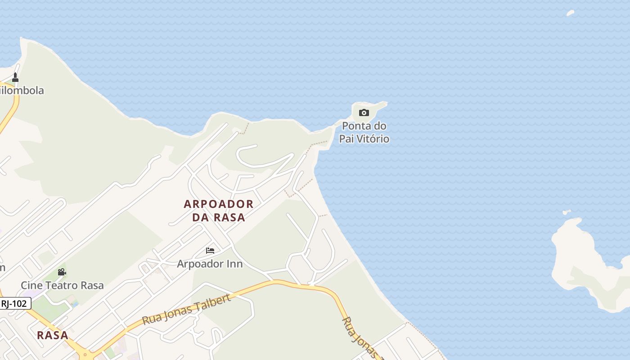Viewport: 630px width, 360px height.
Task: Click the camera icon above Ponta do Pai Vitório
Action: coord(364,112)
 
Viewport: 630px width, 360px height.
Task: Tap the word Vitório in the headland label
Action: coord(373,139)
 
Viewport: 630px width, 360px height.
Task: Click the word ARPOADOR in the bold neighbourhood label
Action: coord(219,204)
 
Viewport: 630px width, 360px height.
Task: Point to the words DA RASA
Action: coord(219,217)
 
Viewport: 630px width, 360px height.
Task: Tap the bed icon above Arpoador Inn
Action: coord(210,251)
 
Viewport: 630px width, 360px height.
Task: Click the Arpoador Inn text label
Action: coord(210,264)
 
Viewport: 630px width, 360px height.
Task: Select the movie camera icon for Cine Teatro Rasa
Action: coord(62,272)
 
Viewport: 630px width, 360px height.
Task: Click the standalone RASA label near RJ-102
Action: coord(53,335)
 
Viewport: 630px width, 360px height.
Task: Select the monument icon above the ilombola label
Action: coord(15,77)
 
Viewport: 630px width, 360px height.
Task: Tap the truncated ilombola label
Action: coord(22,90)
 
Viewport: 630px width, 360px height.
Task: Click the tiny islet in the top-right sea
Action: coord(570,13)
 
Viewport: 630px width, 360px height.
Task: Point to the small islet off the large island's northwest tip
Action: coord(566,212)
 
